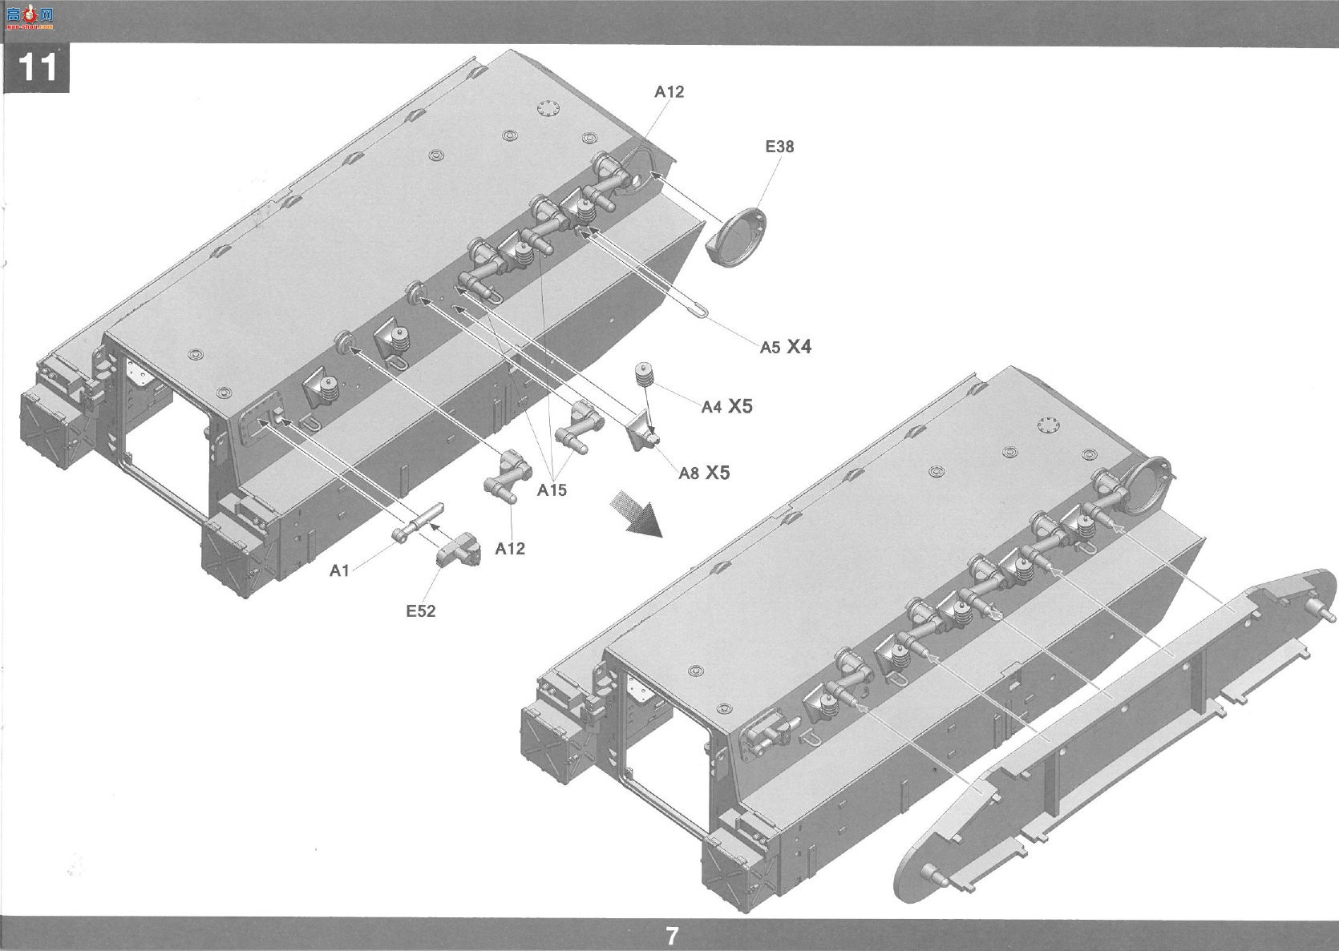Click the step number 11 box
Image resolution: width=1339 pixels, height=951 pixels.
pyautogui.click(x=36, y=67)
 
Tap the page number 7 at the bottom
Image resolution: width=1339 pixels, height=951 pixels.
pyautogui.click(x=672, y=936)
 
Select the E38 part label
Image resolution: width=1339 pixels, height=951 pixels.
pyautogui.click(x=779, y=147)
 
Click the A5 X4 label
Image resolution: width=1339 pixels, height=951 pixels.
pyautogui.click(x=786, y=346)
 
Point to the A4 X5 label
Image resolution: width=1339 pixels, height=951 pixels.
pyautogui.click(x=726, y=406)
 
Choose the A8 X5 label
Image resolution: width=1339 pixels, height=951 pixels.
pyautogui.click(x=704, y=473)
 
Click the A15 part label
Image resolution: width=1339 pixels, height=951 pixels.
pyautogui.click(x=551, y=490)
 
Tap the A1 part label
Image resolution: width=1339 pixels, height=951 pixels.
pyautogui.click(x=339, y=571)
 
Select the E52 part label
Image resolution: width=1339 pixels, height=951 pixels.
pyautogui.click(x=421, y=610)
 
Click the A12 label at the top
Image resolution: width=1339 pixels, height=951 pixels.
pyautogui.click(x=669, y=91)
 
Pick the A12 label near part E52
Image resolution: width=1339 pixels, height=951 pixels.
pyautogui.click(x=510, y=548)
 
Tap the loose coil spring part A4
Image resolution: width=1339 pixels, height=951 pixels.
pyautogui.click(x=645, y=374)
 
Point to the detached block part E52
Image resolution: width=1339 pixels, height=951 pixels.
pyautogui.click(x=459, y=550)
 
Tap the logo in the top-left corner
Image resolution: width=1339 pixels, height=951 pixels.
pyautogui.click(x=30, y=18)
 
